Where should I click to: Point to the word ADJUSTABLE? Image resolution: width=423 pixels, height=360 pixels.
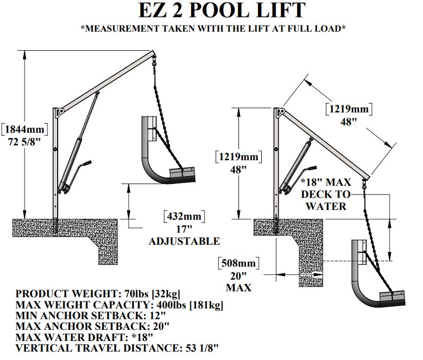(183, 241)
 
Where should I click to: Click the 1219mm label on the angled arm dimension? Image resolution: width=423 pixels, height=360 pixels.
(348, 109)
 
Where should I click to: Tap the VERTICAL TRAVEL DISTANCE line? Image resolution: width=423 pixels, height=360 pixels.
(117, 348)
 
